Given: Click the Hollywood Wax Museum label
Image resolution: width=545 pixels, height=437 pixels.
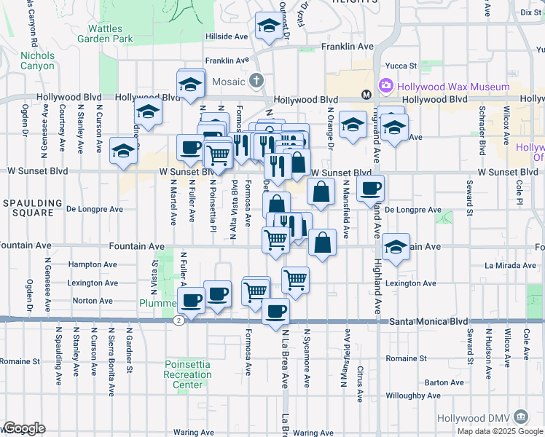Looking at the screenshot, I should click(x=453, y=86).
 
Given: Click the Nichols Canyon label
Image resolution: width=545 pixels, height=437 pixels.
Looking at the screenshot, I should click(x=37, y=60).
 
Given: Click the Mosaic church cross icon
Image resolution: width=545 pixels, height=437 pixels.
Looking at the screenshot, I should click(x=255, y=80).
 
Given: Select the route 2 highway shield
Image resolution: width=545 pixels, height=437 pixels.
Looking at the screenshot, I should click(x=179, y=320).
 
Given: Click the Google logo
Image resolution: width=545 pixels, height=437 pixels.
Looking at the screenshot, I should click(x=23, y=428).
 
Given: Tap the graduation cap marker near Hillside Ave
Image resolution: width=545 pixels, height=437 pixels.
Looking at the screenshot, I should click(x=269, y=28).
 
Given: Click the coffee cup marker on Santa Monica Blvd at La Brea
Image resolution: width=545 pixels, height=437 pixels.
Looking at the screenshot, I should click(x=275, y=312).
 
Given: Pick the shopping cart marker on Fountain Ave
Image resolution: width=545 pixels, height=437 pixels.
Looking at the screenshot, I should click(x=275, y=238).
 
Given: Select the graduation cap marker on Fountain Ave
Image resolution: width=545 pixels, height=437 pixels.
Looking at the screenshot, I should click(x=396, y=248).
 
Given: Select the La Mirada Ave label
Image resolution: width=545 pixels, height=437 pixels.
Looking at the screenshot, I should click(x=504, y=267).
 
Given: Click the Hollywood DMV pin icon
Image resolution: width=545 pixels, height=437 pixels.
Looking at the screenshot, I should click(x=521, y=417).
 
